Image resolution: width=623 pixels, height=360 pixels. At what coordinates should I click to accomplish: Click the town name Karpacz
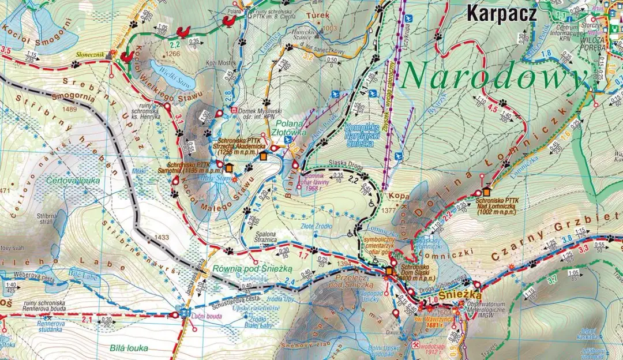tap(501, 12)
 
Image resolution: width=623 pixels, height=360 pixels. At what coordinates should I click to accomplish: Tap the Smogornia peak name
tap(73, 97)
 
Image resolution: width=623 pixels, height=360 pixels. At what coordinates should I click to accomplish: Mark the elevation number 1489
tap(71, 108)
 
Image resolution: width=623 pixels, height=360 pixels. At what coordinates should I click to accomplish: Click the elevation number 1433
tap(162, 237)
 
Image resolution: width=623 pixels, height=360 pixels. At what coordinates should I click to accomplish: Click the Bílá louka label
tap(129, 348)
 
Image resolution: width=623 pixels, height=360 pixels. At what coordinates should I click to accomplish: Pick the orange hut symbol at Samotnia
tap(230, 168)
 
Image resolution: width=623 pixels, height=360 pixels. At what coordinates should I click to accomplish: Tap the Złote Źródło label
tap(317, 226)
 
